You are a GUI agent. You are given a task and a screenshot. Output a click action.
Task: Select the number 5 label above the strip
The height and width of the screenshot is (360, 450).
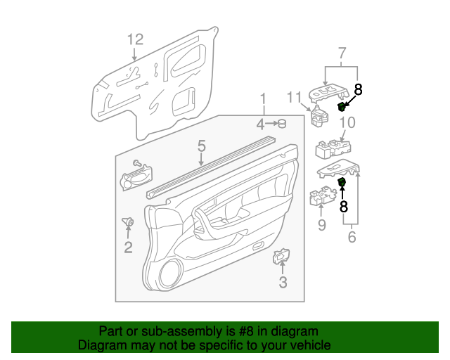tap(201, 146)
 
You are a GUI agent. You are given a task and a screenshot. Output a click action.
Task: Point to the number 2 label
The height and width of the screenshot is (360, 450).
tap(128, 247)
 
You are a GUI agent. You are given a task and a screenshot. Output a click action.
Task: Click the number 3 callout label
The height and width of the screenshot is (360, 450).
tap(283, 283)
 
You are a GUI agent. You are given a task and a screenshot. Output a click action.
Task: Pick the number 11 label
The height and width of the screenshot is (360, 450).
tap(294, 96)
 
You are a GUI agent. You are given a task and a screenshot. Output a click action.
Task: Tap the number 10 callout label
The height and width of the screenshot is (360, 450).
tap(347, 123)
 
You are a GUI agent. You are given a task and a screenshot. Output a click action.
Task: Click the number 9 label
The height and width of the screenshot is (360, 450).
tap(321, 225)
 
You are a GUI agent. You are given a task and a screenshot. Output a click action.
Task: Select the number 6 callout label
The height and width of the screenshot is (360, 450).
tap(352, 237)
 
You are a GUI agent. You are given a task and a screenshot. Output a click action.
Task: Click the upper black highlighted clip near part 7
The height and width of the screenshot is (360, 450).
tap(342, 106)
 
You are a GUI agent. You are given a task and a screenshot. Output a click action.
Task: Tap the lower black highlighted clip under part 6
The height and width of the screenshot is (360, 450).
tap(342, 183)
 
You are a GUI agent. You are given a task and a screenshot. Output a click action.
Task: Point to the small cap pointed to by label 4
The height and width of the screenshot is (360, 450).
tap(283, 124)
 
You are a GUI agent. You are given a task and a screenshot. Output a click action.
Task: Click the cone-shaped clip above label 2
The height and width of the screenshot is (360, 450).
tap(129, 222)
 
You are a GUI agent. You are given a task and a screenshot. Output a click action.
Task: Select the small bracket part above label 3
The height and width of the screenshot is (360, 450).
tap(281, 258)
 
